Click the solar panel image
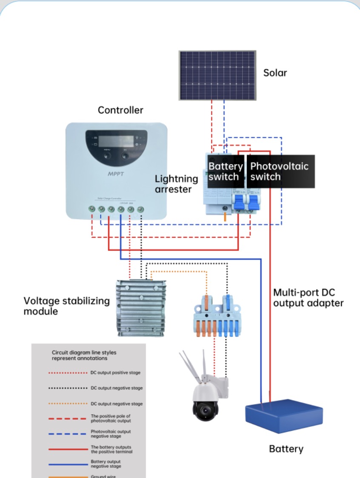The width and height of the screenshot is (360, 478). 217,75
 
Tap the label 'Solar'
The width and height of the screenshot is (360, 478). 275,73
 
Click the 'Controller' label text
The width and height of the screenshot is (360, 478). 120,110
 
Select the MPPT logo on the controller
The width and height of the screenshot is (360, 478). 114,174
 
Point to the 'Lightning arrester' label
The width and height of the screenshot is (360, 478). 176,184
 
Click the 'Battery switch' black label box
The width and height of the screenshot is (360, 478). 225,171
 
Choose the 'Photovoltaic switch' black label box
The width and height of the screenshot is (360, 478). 280,171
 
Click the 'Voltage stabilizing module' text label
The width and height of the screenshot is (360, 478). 66,306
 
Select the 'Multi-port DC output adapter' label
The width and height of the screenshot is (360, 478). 308,298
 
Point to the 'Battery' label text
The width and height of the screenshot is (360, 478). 286,449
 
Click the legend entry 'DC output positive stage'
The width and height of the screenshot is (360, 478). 115,373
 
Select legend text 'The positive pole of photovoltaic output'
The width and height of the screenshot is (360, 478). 111,418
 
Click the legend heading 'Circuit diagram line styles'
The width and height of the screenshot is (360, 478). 84,353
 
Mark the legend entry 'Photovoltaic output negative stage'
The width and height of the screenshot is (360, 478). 111,433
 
